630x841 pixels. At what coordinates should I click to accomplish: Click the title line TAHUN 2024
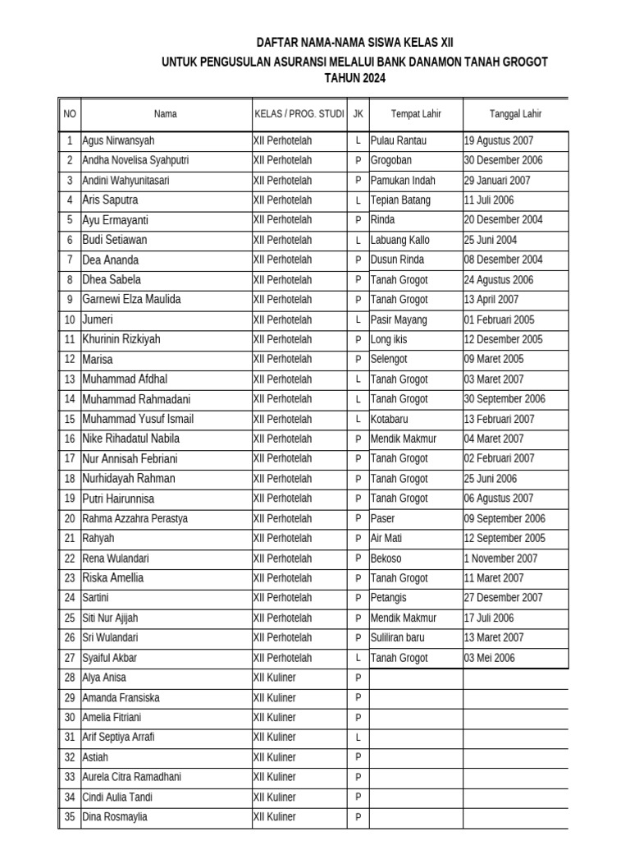(354, 79)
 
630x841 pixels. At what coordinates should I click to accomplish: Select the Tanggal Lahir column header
(515, 114)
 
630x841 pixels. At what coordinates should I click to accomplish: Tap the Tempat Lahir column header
(416, 114)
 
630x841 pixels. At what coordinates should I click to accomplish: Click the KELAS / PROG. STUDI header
(299, 114)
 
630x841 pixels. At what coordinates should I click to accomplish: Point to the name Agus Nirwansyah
(118, 140)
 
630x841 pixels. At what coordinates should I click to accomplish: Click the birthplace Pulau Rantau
(399, 140)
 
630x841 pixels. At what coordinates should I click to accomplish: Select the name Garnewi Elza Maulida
(131, 300)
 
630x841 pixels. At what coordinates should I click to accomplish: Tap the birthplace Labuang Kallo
(400, 240)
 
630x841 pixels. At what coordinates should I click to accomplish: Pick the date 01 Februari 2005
(499, 319)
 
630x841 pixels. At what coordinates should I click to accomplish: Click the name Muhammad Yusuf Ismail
(138, 419)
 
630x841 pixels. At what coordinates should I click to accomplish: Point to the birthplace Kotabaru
(390, 419)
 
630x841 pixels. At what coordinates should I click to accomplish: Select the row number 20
(69, 518)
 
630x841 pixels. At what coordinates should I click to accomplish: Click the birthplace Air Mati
(386, 538)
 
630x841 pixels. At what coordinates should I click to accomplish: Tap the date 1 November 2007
(500, 558)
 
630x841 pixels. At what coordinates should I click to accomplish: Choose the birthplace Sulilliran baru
(404, 637)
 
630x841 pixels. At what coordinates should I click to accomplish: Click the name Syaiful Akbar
(110, 658)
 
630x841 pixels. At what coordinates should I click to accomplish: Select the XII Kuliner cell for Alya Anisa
(274, 678)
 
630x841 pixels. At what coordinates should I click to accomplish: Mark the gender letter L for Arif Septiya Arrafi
(358, 738)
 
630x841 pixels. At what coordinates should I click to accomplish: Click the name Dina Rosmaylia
(115, 817)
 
